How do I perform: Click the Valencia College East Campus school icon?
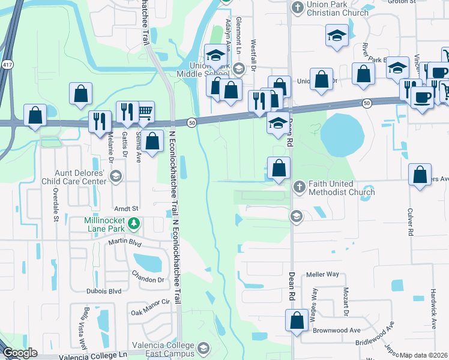click(x=203, y=348)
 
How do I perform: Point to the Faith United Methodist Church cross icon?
click(x=299, y=188)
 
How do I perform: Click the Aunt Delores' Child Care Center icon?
click(x=116, y=176)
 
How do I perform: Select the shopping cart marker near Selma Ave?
click(x=145, y=111)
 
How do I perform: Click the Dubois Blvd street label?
click(x=103, y=291)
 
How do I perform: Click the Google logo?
click(x=19, y=353)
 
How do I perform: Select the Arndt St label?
click(x=127, y=208)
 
